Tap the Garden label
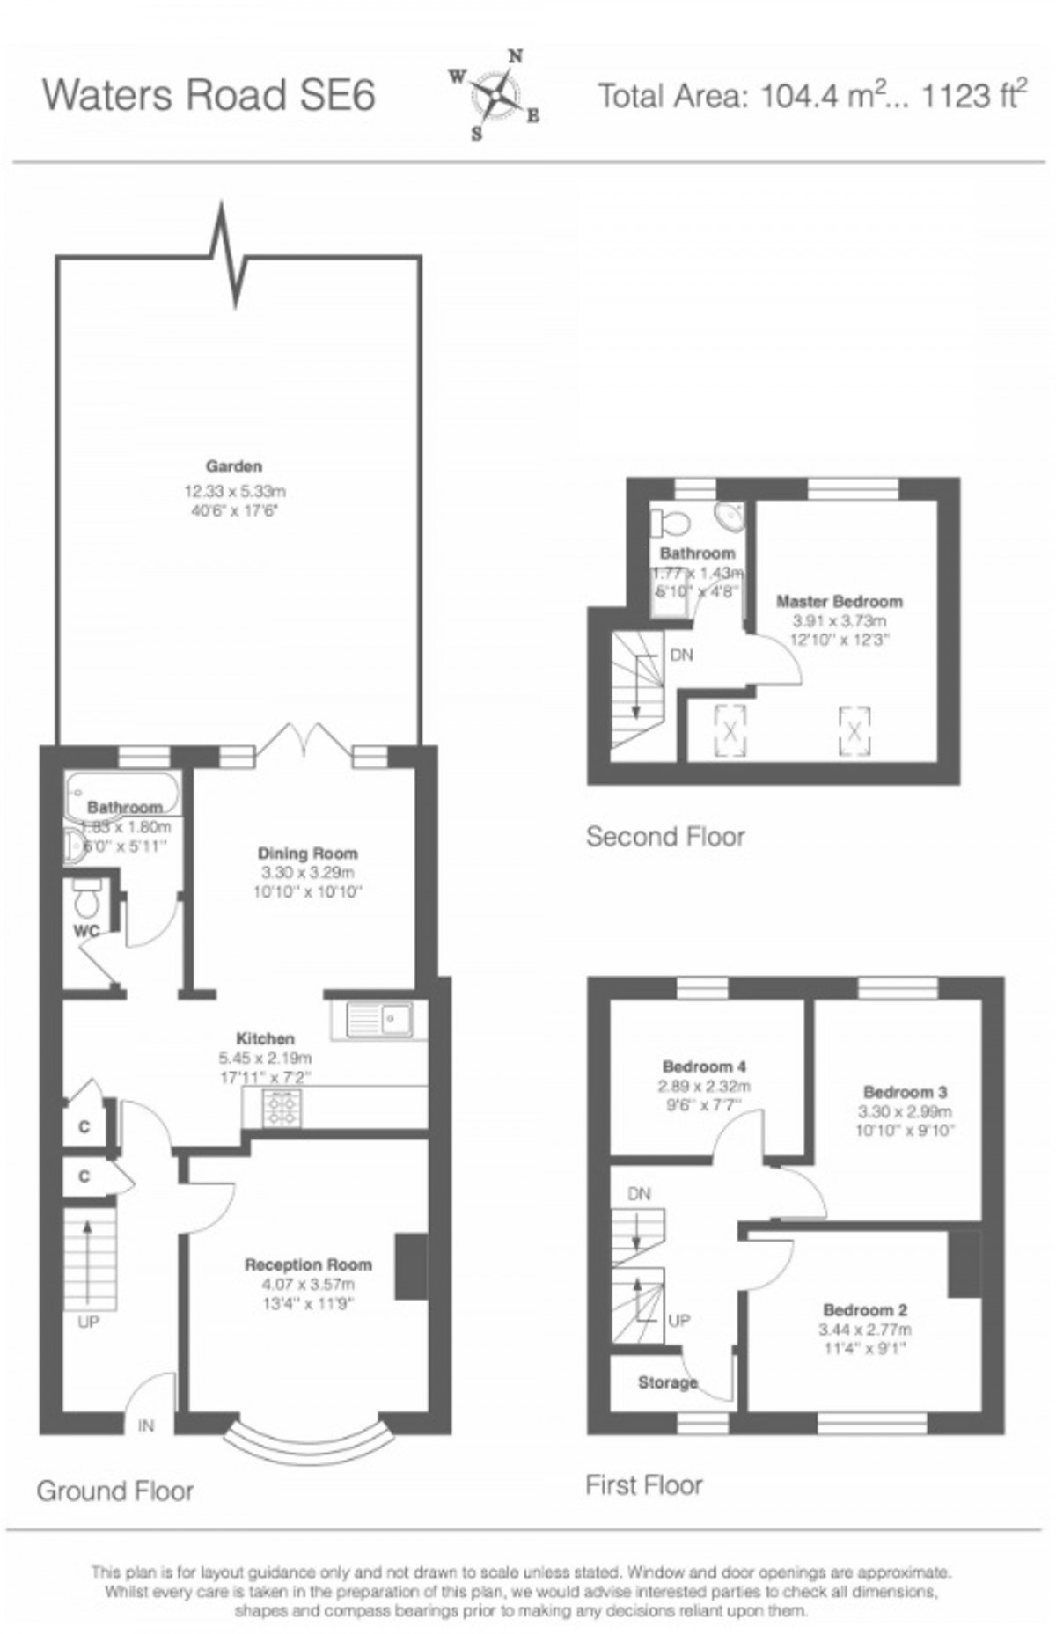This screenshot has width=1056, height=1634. pyautogui.click(x=234, y=466)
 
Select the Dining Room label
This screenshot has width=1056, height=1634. pyautogui.click(x=307, y=853)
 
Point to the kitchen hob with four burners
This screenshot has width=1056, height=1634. pyautogui.click(x=281, y=1108)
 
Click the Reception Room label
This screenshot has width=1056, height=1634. pyautogui.click(x=308, y=1264)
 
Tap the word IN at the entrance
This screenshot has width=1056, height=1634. pyautogui.click(x=146, y=1425)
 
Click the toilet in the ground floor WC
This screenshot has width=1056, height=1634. pyautogui.click(x=86, y=898)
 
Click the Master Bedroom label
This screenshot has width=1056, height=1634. pyautogui.click(x=839, y=602)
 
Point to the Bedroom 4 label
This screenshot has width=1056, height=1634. pyautogui.click(x=704, y=1066)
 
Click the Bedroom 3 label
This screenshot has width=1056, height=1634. pyautogui.click(x=905, y=1092)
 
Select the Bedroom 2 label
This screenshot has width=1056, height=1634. pyautogui.click(x=865, y=1309)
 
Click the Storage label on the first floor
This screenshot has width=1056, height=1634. pyautogui.click(x=667, y=1382)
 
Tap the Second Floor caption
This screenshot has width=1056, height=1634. pyautogui.click(x=665, y=836)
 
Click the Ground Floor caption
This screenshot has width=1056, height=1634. pyautogui.click(x=115, y=1491)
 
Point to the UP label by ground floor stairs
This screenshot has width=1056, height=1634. pyautogui.click(x=89, y=1322)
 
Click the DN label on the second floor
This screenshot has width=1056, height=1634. pyautogui.click(x=681, y=655)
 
